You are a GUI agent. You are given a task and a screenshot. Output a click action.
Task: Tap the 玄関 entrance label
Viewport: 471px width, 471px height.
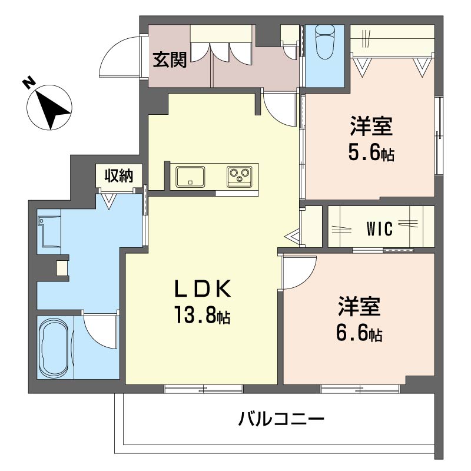click(170, 61)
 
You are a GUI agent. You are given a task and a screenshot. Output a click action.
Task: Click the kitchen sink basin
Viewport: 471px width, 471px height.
click(190, 176)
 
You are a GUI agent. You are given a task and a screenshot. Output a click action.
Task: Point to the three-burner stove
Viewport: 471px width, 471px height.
click(240, 176)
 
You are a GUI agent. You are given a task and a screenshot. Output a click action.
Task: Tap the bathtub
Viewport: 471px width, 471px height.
click(54, 348)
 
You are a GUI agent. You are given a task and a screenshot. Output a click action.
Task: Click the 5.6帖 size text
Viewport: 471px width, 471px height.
click(371, 154)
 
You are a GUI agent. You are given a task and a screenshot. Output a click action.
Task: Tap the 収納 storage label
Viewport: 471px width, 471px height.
click(119, 175)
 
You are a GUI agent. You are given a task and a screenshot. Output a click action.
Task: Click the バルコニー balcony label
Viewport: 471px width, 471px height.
click(281, 420)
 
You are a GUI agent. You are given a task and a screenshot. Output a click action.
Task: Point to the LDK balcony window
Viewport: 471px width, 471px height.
click(203, 389)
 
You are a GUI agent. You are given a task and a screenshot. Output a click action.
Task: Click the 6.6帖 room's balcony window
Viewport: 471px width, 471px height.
click(360, 389)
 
